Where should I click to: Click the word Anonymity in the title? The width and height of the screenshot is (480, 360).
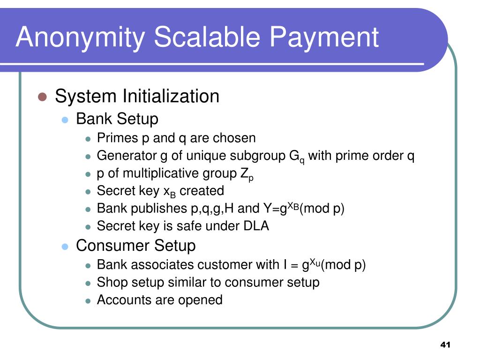pyautogui.click(x=80, y=37)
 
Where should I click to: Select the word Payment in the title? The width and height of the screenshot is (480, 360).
pyautogui.click(x=324, y=38)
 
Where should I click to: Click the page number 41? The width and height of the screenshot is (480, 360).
pyautogui.click(x=445, y=345)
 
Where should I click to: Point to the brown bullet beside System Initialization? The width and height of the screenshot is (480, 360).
pyautogui.click(x=42, y=97)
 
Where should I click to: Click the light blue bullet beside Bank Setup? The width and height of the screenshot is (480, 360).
pyautogui.click(x=65, y=120)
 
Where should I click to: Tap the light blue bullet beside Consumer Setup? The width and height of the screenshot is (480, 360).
pyautogui.click(x=65, y=247)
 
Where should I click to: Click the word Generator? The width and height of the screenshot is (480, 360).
pyautogui.click(x=127, y=156)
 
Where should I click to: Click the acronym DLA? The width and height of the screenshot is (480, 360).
pyautogui.click(x=256, y=226)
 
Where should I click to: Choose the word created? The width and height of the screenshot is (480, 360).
pyautogui.click(x=202, y=191)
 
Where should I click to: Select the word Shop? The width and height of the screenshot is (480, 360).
pyautogui.click(x=111, y=283)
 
